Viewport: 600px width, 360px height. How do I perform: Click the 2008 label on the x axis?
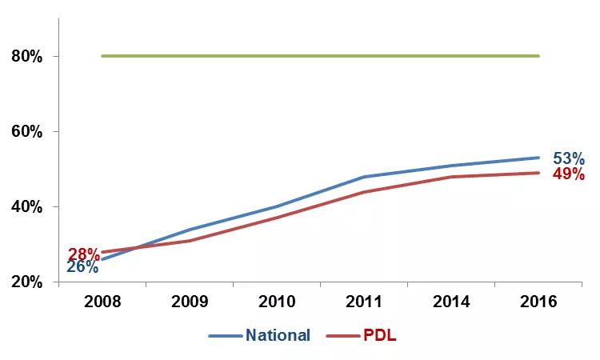tap(102, 303)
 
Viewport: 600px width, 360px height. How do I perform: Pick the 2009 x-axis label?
tap(190, 303)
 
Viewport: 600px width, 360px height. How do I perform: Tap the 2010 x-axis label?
tap(277, 303)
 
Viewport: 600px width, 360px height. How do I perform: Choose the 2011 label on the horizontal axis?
tap(364, 303)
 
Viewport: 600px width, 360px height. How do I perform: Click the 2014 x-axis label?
tap(451, 303)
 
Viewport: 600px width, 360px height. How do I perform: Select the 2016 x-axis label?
tap(538, 303)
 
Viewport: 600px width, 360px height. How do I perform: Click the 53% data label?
tap(569, 158)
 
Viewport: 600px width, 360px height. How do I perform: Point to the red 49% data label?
tap(569, 174)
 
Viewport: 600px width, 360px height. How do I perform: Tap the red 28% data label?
tap(83, 254)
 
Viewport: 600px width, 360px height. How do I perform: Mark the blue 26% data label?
tap(82, 267)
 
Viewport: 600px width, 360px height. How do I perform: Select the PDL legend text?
tap(381, 336)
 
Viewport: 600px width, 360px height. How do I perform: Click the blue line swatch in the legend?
tap(226, 336)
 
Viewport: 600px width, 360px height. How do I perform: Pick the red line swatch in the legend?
tap(344, 336)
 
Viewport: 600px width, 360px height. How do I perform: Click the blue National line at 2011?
tap(364, 177)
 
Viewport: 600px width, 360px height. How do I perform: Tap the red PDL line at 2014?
tap(451, 177)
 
